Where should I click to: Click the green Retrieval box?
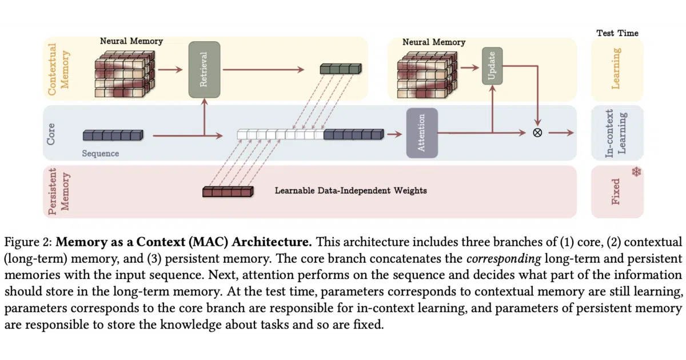[x=204, y=70]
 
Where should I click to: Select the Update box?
[x=492, y=66]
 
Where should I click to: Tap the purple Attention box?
[x=422, y=133]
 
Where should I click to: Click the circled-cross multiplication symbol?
[x=537, y=133]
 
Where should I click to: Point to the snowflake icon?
[x=636, y=172]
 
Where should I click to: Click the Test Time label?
[x=617, y=33]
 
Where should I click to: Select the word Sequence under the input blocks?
[x=101, y=153]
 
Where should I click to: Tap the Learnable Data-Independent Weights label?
[x=350, y=191]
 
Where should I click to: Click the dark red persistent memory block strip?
[x=228, y=191]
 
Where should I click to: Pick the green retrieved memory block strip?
[x=341, y=69]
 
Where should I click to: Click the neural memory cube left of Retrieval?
[x=125, y=74]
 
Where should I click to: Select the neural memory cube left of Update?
[x=427, y=75]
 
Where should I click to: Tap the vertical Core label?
[x=51, y=134]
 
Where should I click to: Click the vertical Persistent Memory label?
[x=58, y=191]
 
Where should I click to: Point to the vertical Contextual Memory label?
[x=58, y=70]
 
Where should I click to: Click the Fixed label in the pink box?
[x=616, y=191]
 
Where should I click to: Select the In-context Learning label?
[x=616, y=133]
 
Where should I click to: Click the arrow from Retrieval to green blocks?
[x=264, y=70]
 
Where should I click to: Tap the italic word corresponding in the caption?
[x=504, y=259]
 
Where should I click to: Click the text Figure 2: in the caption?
[x=28, y=242]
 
